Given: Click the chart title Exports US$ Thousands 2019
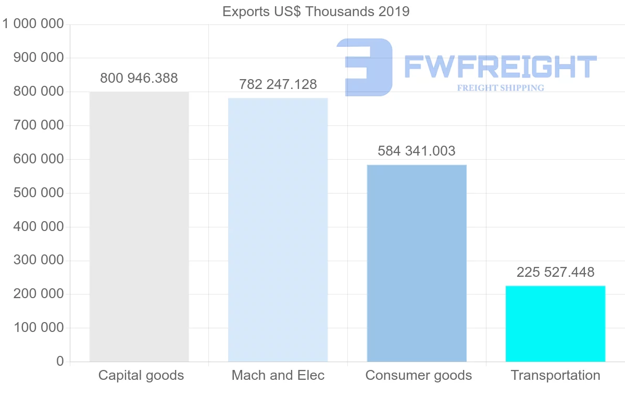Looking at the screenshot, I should tap(316, 11).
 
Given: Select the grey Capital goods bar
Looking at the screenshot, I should tap(139, 226).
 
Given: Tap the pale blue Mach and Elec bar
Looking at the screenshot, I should tap(278, 229).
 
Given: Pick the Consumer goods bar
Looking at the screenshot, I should tap(417, 263).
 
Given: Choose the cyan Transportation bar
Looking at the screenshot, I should tap(555, 323).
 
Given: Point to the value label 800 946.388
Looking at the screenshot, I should tap(139, 79).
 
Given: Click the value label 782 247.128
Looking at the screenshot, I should tap(278, 85).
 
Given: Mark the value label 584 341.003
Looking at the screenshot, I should tap(417, 151).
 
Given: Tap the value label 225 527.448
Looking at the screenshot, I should tap(555, 272).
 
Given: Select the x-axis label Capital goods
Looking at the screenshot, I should tap(141, 375).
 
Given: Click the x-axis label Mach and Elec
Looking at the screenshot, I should tap(278, 375).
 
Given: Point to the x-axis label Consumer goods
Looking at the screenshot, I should tap(419, 375).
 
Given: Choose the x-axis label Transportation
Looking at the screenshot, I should tap(555, 375).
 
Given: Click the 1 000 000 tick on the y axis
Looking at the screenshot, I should tap(33, 24).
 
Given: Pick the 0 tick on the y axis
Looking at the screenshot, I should tap(60, 362).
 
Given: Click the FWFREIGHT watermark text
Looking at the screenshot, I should tap(500, 67).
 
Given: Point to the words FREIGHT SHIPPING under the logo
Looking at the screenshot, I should tap(501, 88).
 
